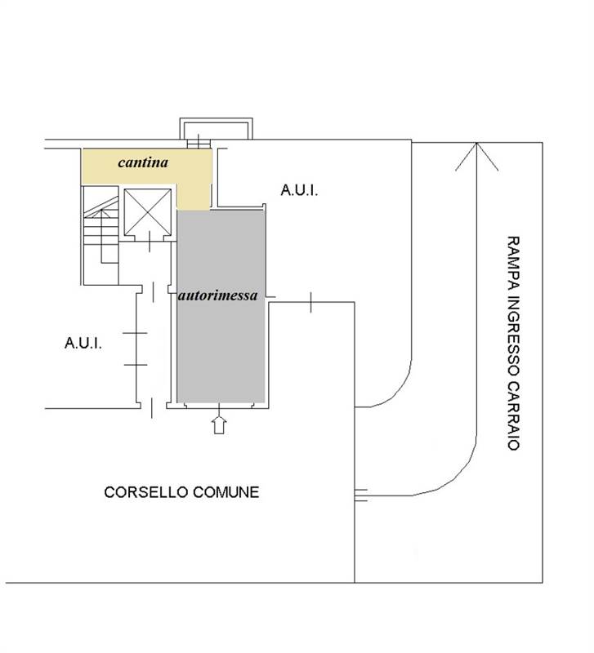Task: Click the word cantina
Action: (x=143, y=162)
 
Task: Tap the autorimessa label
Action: (x=217, y=295)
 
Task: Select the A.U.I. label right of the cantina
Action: (x=299, y=190)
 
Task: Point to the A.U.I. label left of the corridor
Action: (x=83, y=343)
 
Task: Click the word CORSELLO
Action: (x=146, y=492)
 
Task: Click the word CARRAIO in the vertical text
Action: (x=514, y=416)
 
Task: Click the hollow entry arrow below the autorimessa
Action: (x=219, y=424)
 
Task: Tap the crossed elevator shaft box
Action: (x=148, y=212)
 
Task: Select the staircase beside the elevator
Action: (x=101, y=235)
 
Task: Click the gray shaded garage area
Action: (x=221, y=307)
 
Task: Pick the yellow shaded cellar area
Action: (x=147, y=167)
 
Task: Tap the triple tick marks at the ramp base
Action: (x=361, y=495)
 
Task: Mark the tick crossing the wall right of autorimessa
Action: (x=310, y=302)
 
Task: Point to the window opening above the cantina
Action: (x=199, y=144)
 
